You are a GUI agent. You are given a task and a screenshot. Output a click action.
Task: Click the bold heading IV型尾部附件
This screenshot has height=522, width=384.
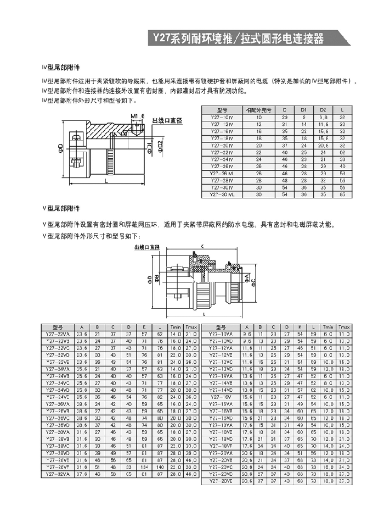tap(61, 67)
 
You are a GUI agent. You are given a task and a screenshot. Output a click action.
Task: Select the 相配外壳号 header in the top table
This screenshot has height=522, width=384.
tap(258, 110)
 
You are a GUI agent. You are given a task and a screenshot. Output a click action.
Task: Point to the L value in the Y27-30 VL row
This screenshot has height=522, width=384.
tap(342, 195)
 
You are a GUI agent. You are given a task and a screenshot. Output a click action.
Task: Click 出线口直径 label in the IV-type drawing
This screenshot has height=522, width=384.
tap(167, 120)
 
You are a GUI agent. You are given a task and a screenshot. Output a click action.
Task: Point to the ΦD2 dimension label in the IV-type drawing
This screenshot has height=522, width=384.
tap(160, 147)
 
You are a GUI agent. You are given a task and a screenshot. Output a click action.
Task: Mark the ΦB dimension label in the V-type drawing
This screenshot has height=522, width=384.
tap(156, 280)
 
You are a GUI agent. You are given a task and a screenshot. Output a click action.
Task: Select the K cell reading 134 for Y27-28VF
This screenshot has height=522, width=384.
tap(144, 466)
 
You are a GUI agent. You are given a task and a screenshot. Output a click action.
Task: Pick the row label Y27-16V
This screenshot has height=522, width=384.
tap(222, 397)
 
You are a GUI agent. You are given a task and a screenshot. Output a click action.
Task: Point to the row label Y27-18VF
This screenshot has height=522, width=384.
tap(222, 446)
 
